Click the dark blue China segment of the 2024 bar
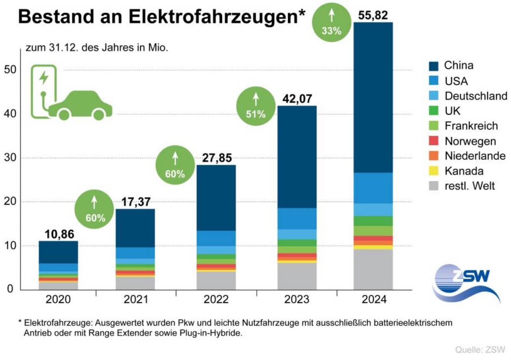[373, 98]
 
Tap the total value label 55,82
[373, 15]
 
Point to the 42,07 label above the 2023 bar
[297, 99]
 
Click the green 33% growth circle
[331, 22]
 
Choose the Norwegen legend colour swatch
[433, 141]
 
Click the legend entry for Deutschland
[475, 96]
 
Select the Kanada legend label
[464, 171]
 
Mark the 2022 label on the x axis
[216, 299]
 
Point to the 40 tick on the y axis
[10, 114]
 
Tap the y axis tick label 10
[10, 246]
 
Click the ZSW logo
[467, 283]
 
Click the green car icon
[80, 105]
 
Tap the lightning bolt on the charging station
[44, 77]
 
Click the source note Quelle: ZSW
[480, 350]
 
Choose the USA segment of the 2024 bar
[373, 188]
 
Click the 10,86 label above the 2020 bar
[59, 234]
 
